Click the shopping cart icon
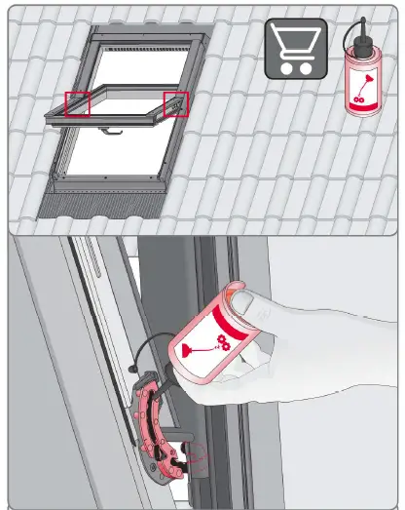pyautogui.click(x=296, y=49)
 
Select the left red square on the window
pyautogui.click(x=78, y=102)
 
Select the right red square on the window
pyautogui.click(x=176, y=102)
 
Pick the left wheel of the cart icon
pyautogui.click(x=289, y=68)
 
